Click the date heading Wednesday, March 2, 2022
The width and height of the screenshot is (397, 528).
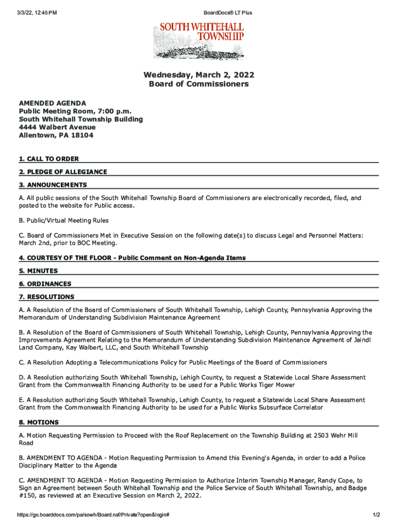[x=198, y=75]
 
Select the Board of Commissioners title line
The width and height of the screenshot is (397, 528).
[x=198, y=84]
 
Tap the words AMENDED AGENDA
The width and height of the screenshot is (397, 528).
[x=53, y=103]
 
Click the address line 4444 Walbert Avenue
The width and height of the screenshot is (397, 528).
[x=57, y=127]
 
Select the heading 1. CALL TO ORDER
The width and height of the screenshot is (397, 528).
[x=49, y=159]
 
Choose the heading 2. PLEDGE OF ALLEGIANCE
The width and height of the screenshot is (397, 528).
[x=63, y=172]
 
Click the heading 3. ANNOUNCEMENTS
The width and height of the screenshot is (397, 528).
[x=53, y=185]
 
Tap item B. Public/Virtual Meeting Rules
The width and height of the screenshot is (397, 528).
[x=64, y=221]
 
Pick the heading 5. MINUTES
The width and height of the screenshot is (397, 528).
[x=39, y=271]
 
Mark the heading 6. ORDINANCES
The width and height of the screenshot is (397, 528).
[x=45, y=284]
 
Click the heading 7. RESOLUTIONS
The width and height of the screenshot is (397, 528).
[x=47, y=296]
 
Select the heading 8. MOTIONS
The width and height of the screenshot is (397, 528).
[x=39, y=422]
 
